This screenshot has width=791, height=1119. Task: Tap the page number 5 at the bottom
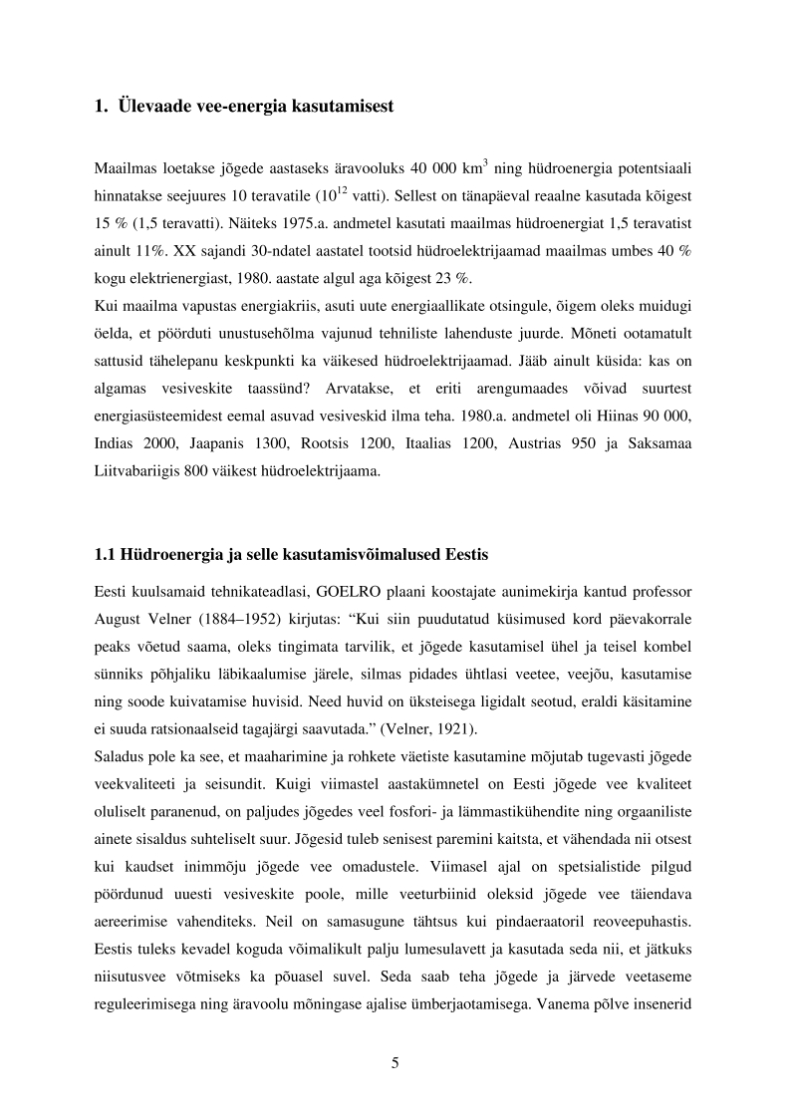(395, 1062)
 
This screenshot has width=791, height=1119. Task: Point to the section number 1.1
(105, 553)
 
